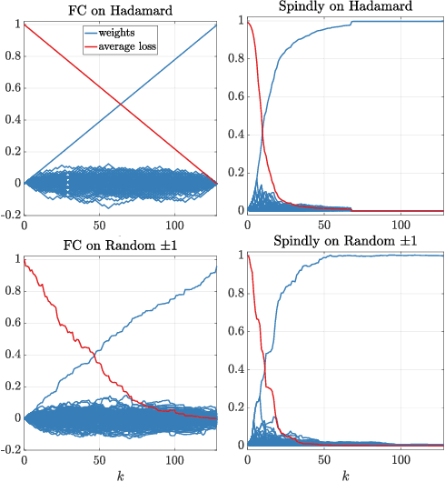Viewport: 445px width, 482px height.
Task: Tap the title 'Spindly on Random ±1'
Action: (343, 243)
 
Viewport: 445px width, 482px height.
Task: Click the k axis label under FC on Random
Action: (120, 475)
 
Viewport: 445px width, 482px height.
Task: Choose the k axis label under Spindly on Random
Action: (343, 475)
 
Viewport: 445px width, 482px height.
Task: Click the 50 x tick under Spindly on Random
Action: (322, 458)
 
